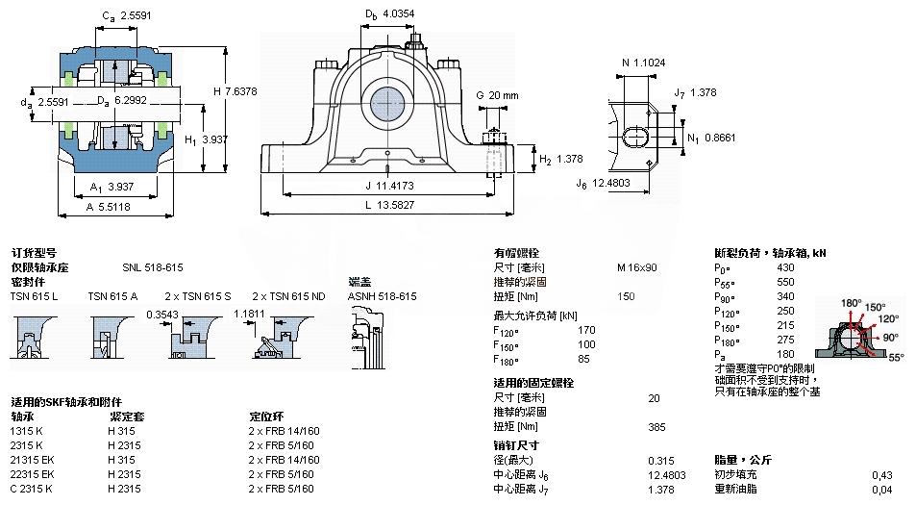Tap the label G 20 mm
coord(497,95)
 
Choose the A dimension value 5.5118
coord(120,207)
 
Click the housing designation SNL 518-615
coord(153,266)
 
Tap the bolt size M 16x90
coord(636,266)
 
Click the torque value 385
coord(656,426)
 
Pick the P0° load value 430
coord(785,266)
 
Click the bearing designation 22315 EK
coord(33,474)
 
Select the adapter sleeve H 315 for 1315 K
coord(119,430)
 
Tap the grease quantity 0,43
coord(880,474)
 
